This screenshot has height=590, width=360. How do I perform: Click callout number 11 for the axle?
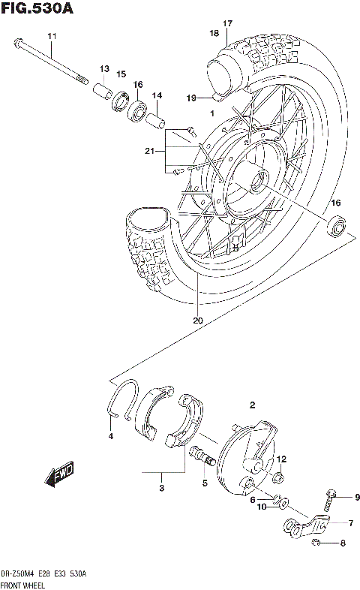[52, 37]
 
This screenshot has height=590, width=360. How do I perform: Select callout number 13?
[104, 68]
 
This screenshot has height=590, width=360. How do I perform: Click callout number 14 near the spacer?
[157, 95]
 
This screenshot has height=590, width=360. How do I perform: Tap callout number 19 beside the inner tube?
[191, 98]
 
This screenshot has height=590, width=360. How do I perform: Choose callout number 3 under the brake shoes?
[160, 488]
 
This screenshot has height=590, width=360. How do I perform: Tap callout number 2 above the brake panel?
[253, 405]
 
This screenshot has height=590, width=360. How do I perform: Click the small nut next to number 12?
[277, 476]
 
